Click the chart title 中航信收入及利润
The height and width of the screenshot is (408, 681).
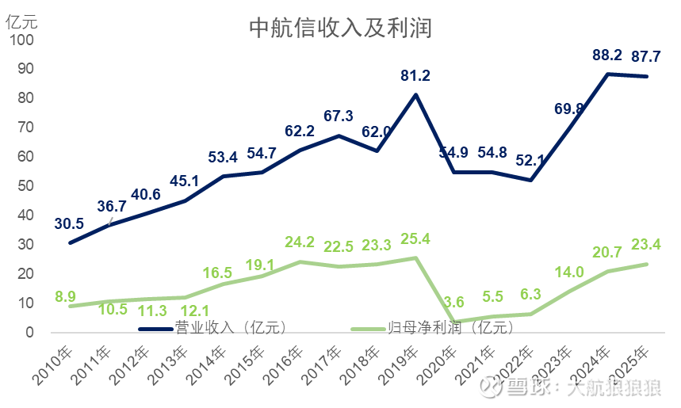click(x=340, y=29)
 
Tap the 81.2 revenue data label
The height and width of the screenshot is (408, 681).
click(x=415, y=76)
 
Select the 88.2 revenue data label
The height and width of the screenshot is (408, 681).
click(x=607, y=55)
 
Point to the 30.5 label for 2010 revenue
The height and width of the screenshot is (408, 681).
click(x=70, y=223)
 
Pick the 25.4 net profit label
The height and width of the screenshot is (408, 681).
click(x=415, y=238)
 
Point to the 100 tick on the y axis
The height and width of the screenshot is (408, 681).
click(x=22, y=40)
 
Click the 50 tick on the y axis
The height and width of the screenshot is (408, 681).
click(x=26, y=186)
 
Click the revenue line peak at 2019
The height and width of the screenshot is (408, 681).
click(x=416, y=94)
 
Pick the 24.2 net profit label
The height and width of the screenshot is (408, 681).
click(x=300, y=242)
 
